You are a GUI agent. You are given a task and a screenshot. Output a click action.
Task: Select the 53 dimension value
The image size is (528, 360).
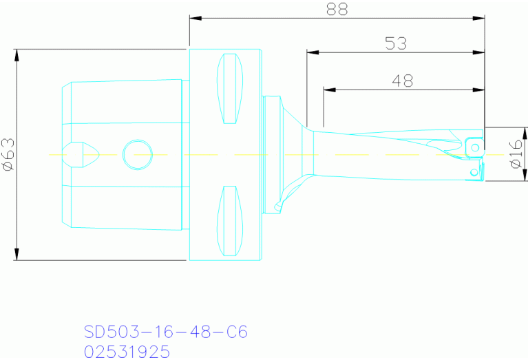[396, 43]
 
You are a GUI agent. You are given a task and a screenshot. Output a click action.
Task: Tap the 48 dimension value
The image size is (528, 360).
[403, 81]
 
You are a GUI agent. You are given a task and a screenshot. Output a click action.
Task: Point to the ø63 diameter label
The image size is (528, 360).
[9, 154]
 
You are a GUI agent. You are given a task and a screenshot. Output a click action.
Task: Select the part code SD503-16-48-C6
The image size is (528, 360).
[165, 332]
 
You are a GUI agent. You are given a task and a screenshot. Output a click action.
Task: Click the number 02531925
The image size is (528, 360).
[127, 352]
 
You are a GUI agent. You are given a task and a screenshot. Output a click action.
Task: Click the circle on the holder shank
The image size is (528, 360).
[135, 154]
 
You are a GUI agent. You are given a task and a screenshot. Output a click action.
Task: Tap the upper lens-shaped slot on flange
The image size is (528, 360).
[231, 88]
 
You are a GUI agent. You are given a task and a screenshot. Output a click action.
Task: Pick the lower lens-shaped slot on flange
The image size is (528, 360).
[231, 220]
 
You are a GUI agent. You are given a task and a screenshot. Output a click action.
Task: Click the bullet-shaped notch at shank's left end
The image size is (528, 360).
[80, 154]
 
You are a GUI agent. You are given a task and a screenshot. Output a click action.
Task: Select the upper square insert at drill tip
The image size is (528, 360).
[474, 146]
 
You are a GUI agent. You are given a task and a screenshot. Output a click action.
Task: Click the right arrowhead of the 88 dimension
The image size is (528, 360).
[480, 17]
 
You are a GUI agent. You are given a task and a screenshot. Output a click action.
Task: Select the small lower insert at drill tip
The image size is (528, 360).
[474, 171]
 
